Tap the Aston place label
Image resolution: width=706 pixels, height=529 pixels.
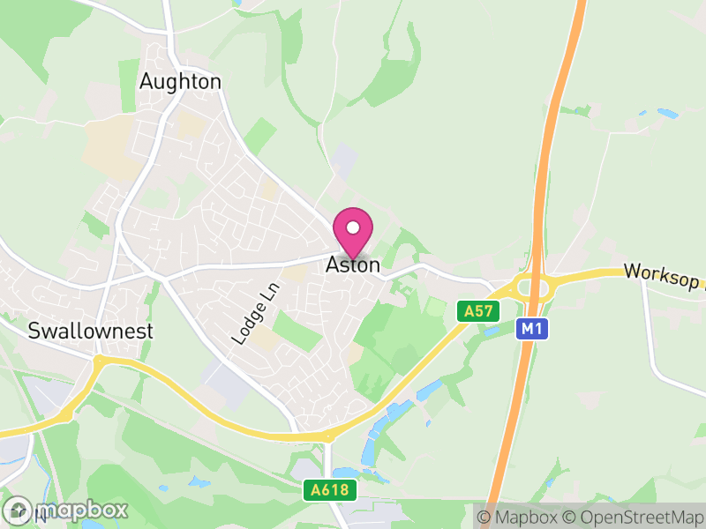tap(353, 264)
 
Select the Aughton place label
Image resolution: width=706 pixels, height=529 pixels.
tap(180, 82)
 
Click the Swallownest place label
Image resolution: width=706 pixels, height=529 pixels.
tap(91, 332)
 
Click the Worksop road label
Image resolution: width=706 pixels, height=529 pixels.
tap(662, 274)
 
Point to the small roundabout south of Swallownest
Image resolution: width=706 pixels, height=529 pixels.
tap(99, 361)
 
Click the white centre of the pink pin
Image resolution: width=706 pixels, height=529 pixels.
tap(353, 227)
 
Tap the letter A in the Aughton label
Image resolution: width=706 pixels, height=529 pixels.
tap(146, 82)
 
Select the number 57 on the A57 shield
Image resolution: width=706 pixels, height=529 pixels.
tap(484, 310)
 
